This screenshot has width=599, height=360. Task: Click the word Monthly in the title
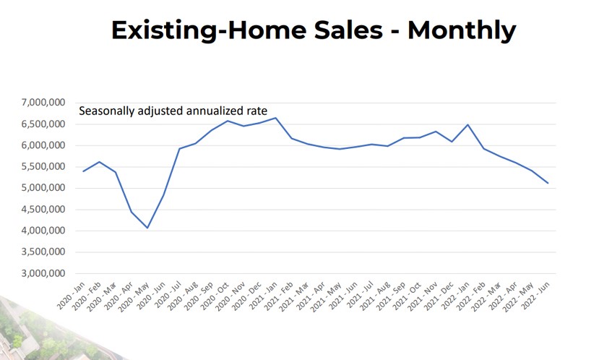coord(462,30)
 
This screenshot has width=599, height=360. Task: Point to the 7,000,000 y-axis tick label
coord(45,103)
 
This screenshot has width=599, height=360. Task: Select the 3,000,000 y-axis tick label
coord(45,274)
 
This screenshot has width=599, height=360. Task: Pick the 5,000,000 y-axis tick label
coord(45,188)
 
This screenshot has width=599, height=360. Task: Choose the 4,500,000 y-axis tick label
coord(45,210)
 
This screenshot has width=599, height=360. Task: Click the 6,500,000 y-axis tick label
coord(45,124)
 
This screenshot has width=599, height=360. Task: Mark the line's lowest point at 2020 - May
coord(147,228)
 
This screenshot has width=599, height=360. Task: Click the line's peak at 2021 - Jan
coord(275,118)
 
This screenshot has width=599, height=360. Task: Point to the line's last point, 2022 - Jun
coord(548,183)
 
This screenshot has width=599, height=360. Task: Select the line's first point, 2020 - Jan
coord(84,171)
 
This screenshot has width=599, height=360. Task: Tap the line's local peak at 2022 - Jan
coord(468,125)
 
